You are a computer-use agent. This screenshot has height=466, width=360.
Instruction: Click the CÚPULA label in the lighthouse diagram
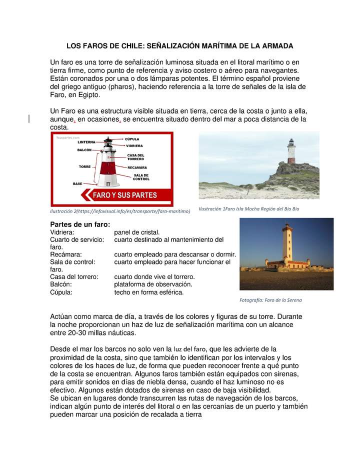(132, 138)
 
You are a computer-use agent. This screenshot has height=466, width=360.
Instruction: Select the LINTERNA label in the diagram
(86, 142)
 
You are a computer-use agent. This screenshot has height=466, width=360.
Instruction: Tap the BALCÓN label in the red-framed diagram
(84, 150)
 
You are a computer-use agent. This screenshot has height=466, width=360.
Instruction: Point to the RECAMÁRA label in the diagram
(137, 167)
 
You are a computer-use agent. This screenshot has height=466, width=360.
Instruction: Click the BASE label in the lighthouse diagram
(77, 184)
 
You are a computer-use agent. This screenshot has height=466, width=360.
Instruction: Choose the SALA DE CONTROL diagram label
(141, 177)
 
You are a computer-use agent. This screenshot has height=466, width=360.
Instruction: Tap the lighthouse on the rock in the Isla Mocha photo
(291, 151)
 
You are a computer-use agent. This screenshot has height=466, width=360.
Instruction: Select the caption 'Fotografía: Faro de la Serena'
(271, 300)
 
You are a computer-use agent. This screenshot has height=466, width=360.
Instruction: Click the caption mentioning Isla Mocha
(248, 209)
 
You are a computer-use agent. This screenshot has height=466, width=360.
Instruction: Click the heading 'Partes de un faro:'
(80, 224)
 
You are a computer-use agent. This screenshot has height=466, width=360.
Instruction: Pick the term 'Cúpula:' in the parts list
(61, 292)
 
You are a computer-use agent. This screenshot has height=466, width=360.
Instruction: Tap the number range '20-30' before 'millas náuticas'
(79, 333)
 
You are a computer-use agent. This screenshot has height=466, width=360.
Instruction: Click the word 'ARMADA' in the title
(275, 45)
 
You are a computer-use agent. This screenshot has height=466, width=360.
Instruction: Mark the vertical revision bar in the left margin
(29, 118)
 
